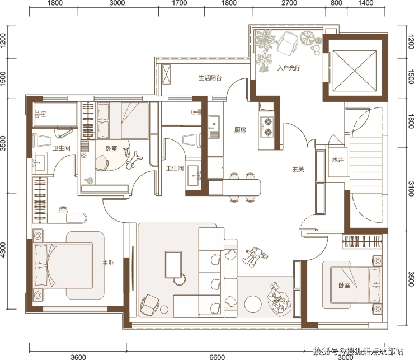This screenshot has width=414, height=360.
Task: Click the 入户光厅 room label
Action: tap(289, 68)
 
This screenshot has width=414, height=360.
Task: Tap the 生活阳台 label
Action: tap(210, 78)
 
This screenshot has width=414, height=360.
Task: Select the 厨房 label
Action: tap(240, 130)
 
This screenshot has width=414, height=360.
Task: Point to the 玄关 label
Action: tap(298, 169)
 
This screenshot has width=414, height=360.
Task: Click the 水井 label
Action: tap(338, 160)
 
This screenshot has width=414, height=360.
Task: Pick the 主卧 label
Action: tap(108, 263)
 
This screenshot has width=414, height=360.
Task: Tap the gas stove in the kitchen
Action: tap(267, 127)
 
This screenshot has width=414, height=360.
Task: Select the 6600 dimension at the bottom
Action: tap(217, 357)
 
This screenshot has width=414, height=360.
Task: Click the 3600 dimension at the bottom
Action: tap(78, 357)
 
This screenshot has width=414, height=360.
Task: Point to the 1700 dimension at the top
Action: tap(180, 3)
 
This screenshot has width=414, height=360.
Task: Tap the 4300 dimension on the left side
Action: tap(3, 250)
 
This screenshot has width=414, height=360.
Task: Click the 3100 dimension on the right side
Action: tap(411, 189)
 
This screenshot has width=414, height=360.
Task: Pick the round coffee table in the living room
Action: tap(253, 304)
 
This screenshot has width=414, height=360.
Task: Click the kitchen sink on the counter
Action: tap(214, 124)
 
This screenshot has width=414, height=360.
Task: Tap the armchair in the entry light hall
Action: tap(288, 43)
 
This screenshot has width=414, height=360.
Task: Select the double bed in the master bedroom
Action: tap(63, 265)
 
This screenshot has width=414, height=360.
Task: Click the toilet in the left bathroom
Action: tap(42, 139)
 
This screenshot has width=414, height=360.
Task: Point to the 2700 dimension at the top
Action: tap(289, 3)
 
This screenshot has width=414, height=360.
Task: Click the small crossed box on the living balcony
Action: tap(166, 74)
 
